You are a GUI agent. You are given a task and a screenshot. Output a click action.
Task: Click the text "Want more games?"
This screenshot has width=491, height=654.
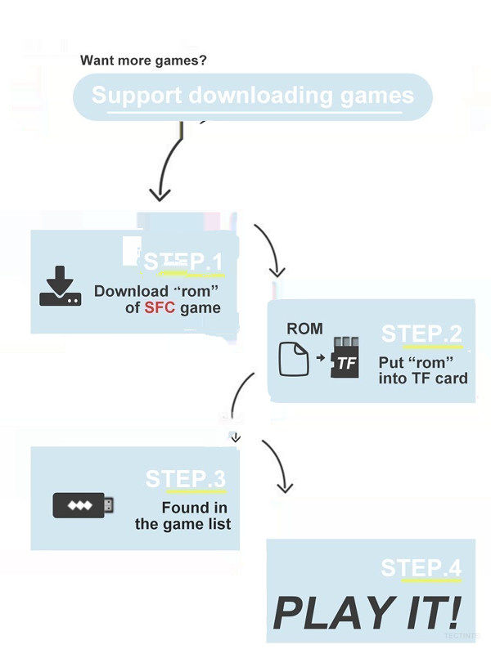(143, 60)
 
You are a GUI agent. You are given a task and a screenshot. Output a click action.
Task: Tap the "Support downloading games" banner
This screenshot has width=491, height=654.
(252, 96)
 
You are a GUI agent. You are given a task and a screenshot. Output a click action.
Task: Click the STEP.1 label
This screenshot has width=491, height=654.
(183, 262)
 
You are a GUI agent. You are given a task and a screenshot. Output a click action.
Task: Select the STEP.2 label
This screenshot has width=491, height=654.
(421, 334)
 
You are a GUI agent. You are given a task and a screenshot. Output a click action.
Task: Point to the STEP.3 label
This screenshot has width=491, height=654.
(185, 478)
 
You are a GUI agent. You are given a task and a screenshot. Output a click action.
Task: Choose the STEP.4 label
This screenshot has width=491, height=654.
(421, 568)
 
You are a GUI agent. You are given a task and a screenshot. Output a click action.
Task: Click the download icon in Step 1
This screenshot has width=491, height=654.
(60, 287)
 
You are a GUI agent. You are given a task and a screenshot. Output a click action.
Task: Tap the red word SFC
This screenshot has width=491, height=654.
(160, 308)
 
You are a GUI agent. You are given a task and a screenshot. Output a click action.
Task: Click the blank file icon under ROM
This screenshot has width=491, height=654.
(294, 358)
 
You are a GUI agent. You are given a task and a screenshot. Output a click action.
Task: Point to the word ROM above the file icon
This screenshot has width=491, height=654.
(304, 329)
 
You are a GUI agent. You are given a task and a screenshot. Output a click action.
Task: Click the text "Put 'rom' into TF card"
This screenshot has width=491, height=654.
(422, 370)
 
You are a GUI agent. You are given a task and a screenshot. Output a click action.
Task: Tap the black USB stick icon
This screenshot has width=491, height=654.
(83, 504)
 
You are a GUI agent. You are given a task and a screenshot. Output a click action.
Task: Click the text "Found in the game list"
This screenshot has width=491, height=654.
(183, 516)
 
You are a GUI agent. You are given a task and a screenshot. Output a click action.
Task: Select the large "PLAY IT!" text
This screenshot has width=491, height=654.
(367, 611)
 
